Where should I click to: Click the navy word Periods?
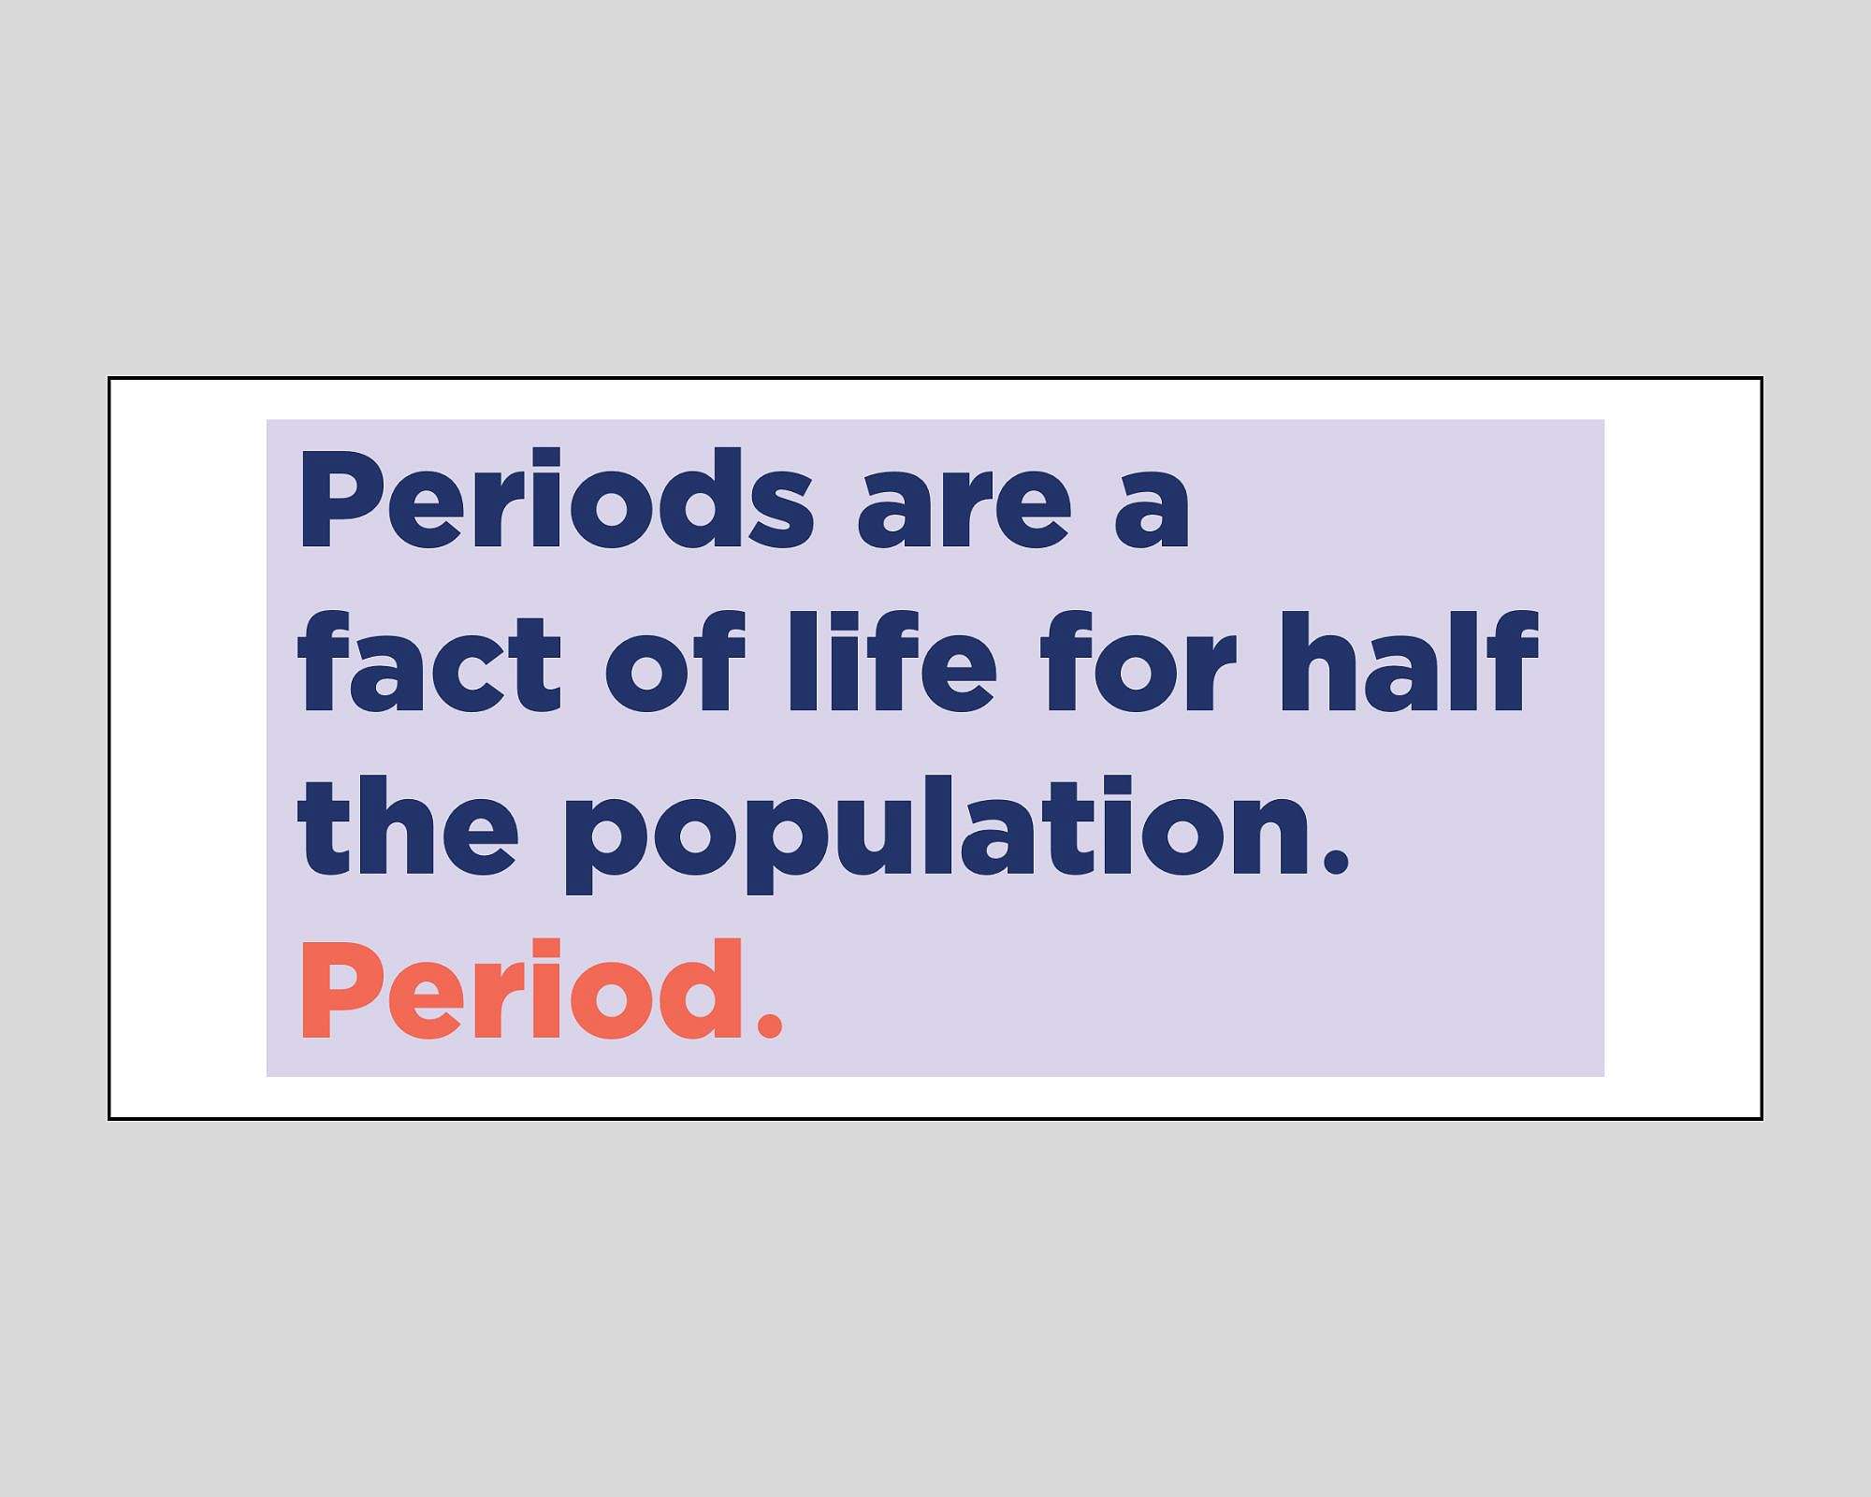(556, 500)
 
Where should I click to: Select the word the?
(407, 827)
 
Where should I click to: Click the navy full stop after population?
(1337, 862)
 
